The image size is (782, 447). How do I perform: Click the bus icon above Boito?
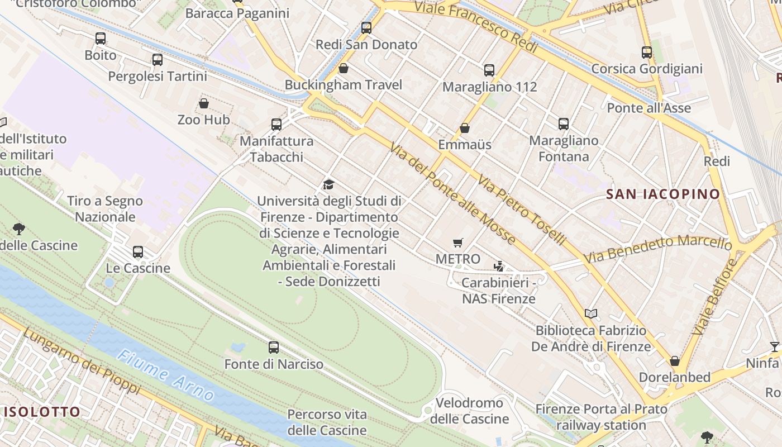click(101, 39)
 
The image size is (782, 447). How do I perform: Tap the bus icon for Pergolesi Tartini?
click(158, 60)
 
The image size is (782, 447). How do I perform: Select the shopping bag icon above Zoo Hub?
click(204, 103)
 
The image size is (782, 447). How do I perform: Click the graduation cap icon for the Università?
click(328, 184)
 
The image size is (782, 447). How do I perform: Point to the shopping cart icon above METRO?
click(458, 242)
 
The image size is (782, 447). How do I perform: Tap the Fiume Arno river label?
click(166, 376)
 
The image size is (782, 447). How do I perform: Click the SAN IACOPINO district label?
click(663, 194)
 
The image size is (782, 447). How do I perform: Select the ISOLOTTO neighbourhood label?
click(42, 412)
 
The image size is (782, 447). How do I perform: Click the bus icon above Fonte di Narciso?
click(274, 348)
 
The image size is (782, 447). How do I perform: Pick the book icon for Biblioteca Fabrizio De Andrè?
click(591, 314)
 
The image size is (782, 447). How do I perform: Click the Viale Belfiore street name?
click(715, 297)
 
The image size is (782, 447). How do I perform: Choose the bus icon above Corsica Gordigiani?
click(647, 53)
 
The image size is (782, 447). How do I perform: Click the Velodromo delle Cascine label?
click(469, 411)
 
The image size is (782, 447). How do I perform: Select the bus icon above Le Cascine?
click(138, 252)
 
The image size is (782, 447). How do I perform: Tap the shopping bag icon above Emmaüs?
click(465, 129)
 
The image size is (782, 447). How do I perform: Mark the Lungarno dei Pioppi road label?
click(81, 361)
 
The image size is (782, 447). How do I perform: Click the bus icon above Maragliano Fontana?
click(564, 124)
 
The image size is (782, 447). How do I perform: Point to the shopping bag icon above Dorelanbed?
click(675, 361)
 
